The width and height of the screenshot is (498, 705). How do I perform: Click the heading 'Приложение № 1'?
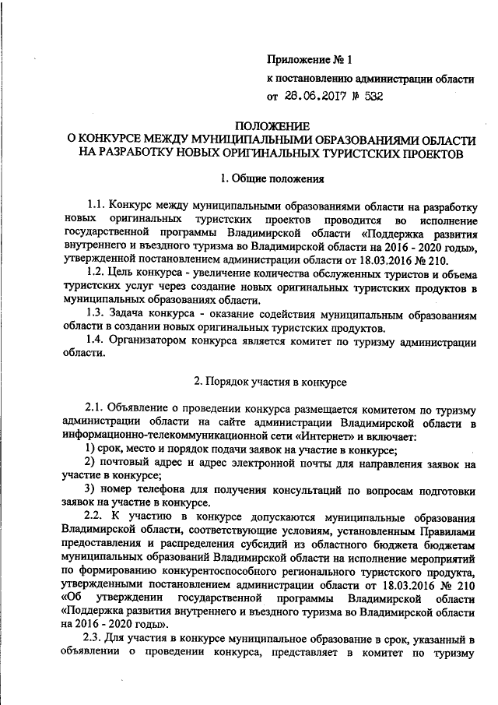310,59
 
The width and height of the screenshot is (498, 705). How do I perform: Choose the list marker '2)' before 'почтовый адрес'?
89,463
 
